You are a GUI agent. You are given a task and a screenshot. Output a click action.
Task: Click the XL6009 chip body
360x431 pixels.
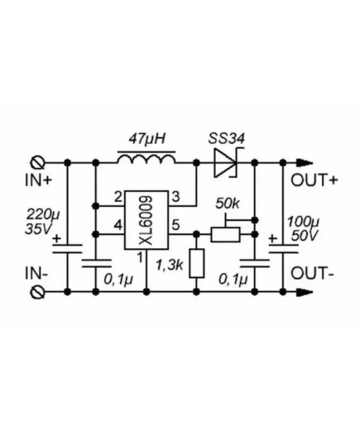[146, 220]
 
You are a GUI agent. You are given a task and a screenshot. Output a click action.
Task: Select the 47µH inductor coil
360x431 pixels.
[146, 160]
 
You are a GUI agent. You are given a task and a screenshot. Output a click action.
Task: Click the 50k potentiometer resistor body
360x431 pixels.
[225, 235]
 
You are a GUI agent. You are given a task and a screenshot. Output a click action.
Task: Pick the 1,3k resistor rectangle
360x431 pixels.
[197, 263]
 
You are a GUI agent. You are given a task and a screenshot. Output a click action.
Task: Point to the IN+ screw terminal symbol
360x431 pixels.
[37, 163]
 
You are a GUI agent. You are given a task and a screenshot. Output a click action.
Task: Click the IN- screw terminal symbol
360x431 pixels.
[37, 292]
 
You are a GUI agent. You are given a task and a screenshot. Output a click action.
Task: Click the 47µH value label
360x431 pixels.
[147, 139]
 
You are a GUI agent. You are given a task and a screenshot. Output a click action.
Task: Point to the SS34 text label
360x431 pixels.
[227, 139]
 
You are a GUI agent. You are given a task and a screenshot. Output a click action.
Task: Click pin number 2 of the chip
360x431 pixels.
[118, 197]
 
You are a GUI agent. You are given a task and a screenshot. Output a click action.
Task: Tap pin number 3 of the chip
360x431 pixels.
[175, 197]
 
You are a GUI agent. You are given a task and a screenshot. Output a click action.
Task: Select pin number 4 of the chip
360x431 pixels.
[118, 226]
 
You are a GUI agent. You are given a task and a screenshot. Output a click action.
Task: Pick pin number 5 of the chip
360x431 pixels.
[175, 225]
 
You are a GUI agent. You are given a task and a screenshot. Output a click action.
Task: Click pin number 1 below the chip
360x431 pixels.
[141, 258]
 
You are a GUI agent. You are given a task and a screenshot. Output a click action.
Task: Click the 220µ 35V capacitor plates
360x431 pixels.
[67, 249]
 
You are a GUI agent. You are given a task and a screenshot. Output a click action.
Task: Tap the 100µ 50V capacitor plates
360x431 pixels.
[283, 249]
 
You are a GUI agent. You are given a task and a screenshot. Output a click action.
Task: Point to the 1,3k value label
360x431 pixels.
[170, 266]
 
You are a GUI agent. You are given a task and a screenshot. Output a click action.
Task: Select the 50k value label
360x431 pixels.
[228, 204]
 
